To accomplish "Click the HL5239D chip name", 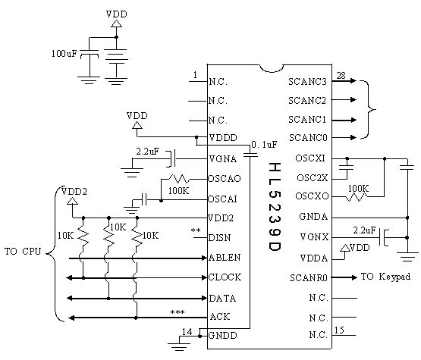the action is coord(275,207).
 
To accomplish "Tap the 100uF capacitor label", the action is coord(64,54).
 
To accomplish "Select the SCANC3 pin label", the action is coord(307,81).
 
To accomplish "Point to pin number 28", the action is coord(341,76).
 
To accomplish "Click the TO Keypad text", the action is coord(385,277).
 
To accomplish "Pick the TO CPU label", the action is coord(23,252).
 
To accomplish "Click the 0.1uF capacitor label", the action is coord(264,145).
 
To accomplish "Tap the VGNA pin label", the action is coord(223,159).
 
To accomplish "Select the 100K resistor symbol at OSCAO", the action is coord(180,178).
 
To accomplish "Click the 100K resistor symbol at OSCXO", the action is coord(356,197).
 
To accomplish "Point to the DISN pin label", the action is coord(220,238).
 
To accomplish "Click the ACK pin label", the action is coord(220,317).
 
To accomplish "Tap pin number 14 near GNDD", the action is coord(187,332).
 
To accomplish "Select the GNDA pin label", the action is coord(313,217).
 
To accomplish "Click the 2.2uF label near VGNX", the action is coord(364,230).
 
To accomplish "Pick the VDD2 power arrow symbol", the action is coord(72,201).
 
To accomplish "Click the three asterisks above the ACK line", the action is coord(178,312).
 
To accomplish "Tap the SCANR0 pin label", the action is coord(309,277).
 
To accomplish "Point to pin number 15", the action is coord(339,330).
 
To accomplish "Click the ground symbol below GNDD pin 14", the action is coord(179,346).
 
